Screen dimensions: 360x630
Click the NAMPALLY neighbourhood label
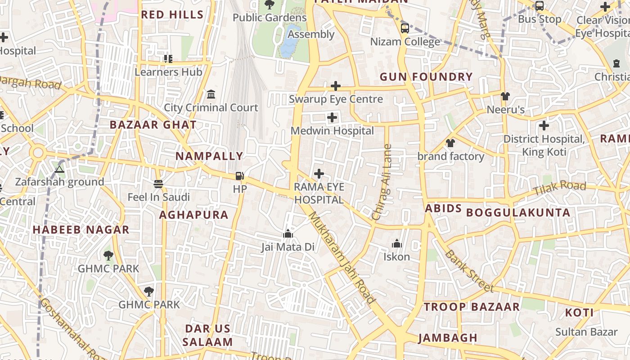point(209,156)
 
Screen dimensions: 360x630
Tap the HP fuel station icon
point(240,176)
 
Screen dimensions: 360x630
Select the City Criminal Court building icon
point(211,94)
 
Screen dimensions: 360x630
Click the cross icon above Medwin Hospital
point(332,118)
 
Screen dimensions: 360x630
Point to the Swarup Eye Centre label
point(336,99)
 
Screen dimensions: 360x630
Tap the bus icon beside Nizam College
point(405,28)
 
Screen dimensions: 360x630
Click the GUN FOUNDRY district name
point(426,77)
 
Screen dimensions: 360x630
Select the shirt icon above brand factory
point(450,143)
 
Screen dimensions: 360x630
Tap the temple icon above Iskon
point(396,244)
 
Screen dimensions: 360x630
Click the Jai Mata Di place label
point(288,247)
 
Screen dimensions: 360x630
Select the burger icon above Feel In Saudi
point(158,184)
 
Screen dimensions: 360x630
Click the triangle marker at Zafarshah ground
point(59,169)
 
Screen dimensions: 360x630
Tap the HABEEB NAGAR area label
point(81,230)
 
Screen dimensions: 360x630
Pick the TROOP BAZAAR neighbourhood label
point(472,307)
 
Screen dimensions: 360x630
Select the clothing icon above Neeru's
point(505,96)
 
